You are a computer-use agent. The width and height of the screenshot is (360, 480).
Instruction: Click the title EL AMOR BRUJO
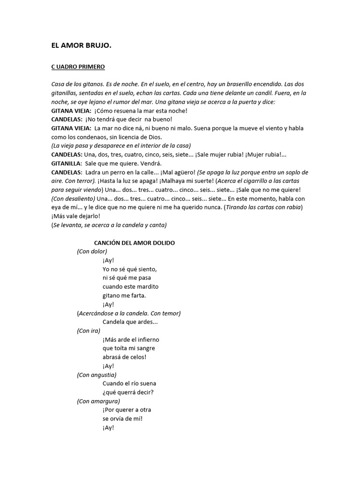click(x=82, y=46)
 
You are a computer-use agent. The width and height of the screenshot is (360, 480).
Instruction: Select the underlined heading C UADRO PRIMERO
click(x=78, y=67)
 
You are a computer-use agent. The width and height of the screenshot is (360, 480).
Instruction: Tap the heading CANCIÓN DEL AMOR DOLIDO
click(x=135, y=243)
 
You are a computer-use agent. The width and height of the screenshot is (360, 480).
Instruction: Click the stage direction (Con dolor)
click(x=92, y=251)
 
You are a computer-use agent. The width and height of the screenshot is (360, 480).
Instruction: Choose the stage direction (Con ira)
click(x=89, y=330)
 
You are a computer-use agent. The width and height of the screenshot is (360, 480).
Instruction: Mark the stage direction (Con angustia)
click(x=97, y=375)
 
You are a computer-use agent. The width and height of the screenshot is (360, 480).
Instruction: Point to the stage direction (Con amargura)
click(x=98, y=401)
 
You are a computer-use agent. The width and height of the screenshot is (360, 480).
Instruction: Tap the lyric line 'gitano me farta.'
click(x=124, y=295)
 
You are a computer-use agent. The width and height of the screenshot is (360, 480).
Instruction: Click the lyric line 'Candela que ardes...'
click(x=130, y=322)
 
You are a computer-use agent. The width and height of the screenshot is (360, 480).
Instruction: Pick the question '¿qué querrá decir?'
click(x=127, y=392)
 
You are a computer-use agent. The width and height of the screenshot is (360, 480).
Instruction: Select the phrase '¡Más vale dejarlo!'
click(x=75, y=216)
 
